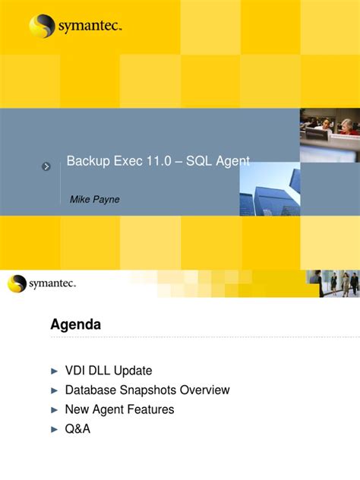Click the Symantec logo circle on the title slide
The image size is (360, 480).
[43, 26]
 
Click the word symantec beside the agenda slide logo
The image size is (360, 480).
[52, 284]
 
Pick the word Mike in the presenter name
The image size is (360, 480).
[80, 199]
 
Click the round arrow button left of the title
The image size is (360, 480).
[46, 166]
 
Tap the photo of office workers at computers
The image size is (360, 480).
[329, 134]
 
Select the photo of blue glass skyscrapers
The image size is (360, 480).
[270, 190]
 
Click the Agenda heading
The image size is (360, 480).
[75, 325]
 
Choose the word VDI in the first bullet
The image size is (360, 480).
[77, 371]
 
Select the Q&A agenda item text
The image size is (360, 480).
[77, 429]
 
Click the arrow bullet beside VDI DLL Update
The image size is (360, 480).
[54, 371]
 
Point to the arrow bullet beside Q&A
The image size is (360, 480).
[54, 429]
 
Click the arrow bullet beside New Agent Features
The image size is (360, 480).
[54, 410]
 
